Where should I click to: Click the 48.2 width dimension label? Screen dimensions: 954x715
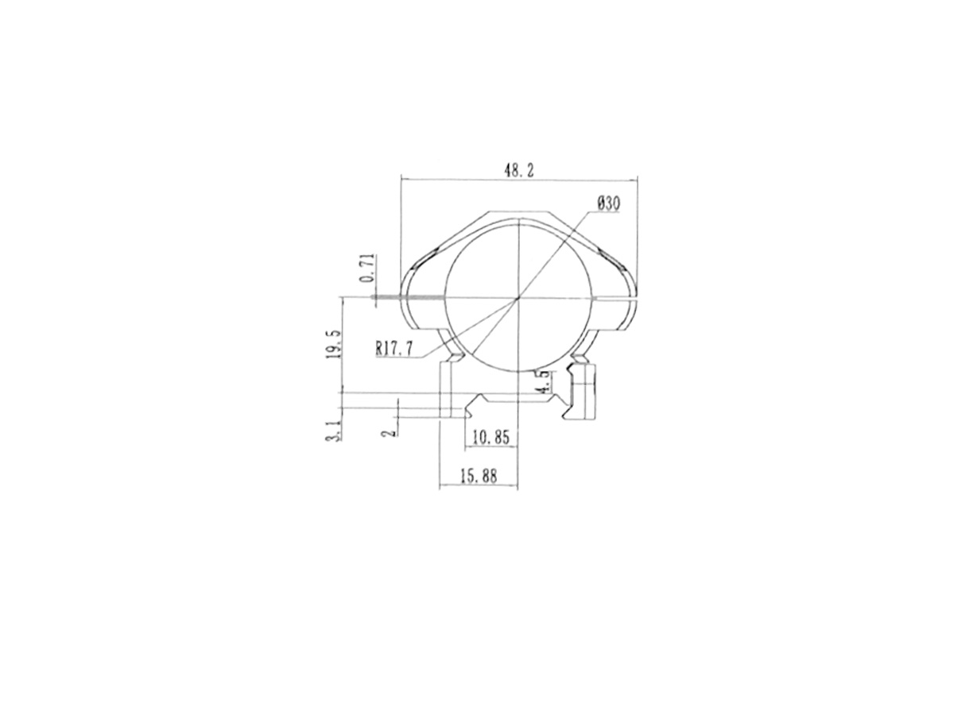518,171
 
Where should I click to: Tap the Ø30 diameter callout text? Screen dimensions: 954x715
608,203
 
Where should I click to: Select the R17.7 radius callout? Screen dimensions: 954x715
394,349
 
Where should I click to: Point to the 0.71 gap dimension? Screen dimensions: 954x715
368,268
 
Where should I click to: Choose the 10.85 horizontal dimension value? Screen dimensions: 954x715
491,437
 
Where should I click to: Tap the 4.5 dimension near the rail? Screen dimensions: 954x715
546,383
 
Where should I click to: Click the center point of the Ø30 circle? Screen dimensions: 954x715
518,298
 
